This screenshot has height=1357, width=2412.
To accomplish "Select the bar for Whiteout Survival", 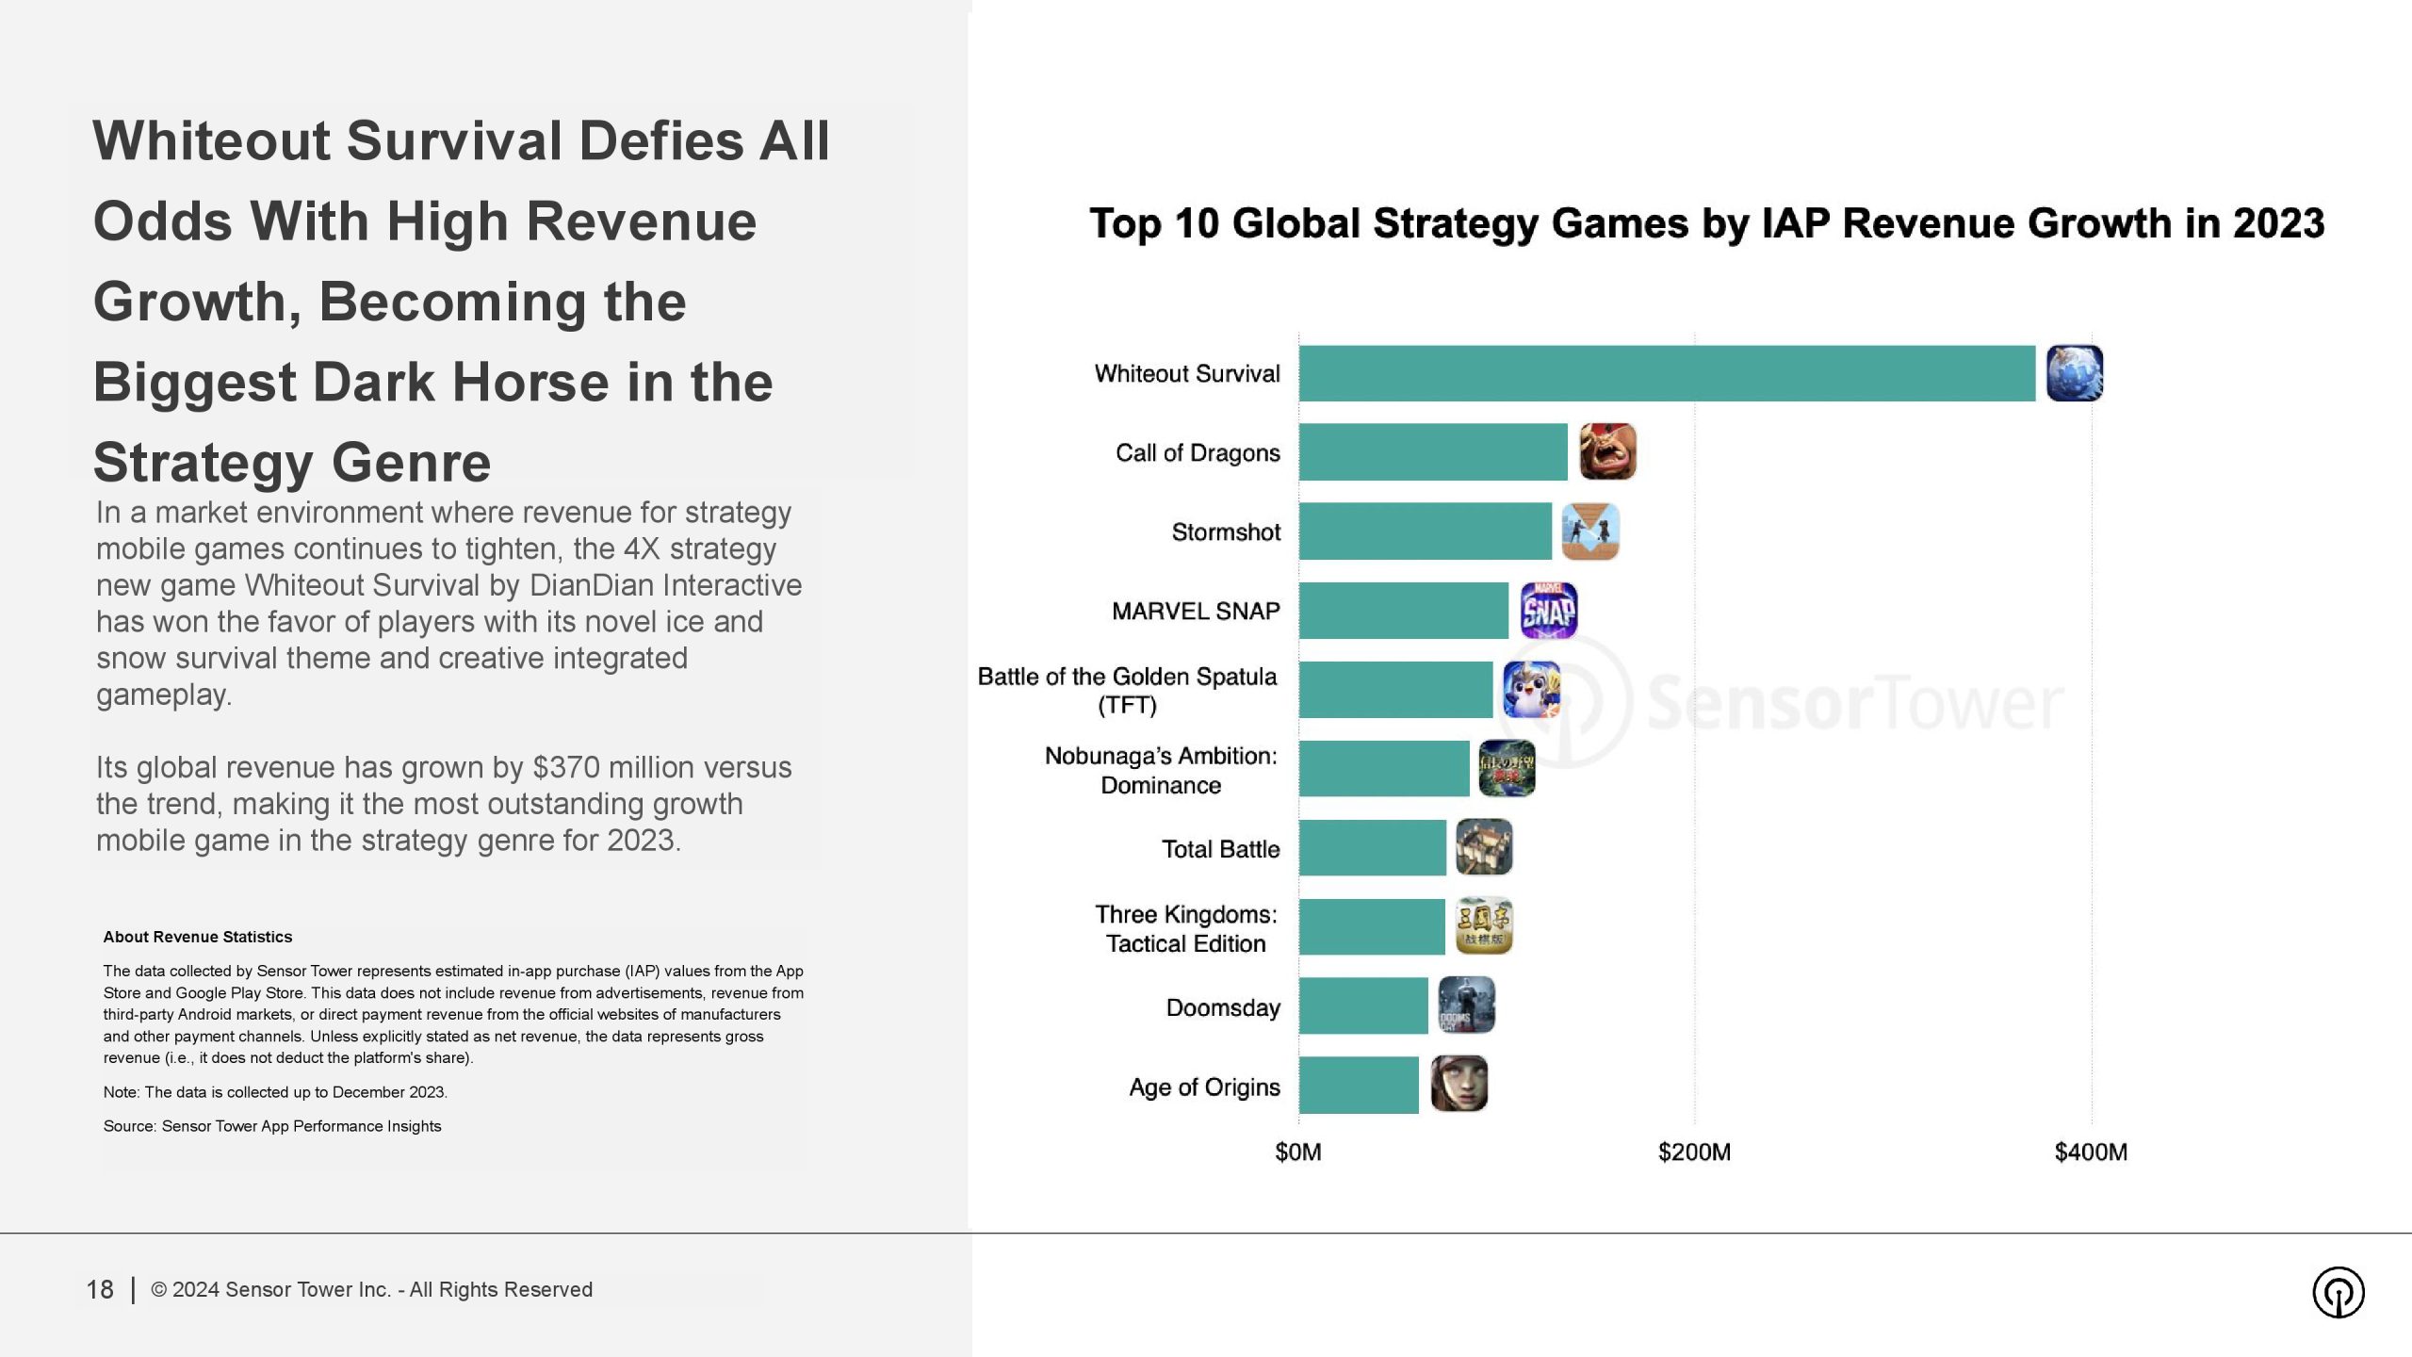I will [1666, 373].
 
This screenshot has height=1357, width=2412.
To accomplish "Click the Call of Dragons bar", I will [1432, 452].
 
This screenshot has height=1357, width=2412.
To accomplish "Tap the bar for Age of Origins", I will [1358, 1086].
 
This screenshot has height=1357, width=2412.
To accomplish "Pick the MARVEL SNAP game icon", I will [1549, 611].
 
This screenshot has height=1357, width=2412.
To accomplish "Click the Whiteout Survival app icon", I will [2074, 373].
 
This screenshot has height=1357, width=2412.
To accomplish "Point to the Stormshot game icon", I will [1590, 531].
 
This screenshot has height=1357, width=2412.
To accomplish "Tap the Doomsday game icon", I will [1466, 1005].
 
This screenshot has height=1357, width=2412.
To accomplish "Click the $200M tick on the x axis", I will [1694, 1152].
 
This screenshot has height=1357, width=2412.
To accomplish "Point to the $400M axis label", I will [2091, 1152].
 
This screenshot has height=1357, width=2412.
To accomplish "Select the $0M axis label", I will [1297, 1152].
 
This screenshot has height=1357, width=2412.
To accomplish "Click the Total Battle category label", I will [1220, 849].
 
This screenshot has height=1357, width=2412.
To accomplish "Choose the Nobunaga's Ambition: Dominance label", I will [1161, 770].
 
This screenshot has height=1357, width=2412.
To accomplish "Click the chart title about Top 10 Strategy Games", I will [1706, 224].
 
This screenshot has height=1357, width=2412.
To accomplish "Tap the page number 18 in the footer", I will [100, 1289].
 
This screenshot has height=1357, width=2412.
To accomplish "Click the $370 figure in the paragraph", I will [566, 767].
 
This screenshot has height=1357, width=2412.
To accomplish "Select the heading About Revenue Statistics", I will [198, 937].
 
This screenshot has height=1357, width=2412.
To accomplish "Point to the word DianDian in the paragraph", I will [591, 585].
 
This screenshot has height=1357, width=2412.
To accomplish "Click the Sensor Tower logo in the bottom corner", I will [2338, 1291].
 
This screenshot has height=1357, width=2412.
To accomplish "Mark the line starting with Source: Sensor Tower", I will [272, 1126].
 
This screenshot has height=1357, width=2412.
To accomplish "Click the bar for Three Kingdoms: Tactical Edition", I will [1371, 927].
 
